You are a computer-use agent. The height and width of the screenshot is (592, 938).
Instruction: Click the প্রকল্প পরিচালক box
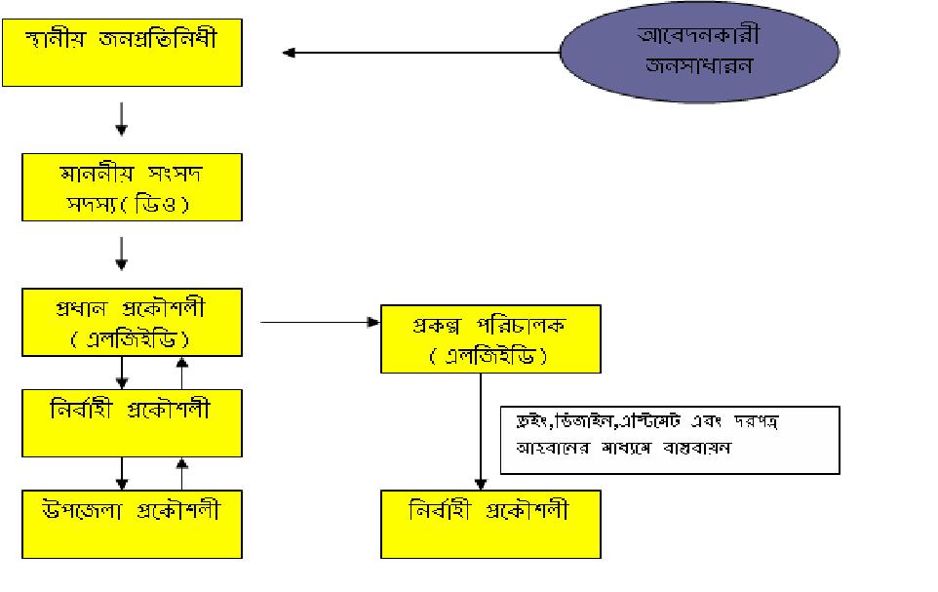tap(490, 337)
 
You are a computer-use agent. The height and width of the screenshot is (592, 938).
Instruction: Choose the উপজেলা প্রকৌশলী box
tap(132, 525)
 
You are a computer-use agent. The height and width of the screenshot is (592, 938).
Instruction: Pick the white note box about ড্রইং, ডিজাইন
tap(670, 440)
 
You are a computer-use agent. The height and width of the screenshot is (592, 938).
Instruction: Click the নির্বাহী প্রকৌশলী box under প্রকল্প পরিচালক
tap(490, 525)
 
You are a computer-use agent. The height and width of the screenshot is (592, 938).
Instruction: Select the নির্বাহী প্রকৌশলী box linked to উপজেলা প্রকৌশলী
tap(132, 422)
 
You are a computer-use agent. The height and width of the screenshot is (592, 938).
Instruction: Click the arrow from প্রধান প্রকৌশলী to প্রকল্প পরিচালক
tap(317, 320)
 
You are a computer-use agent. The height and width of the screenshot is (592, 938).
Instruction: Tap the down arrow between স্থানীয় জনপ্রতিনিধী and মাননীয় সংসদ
tap(122, 118)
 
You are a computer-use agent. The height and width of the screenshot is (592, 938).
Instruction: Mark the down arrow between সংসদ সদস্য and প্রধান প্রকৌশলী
tap(122, 253)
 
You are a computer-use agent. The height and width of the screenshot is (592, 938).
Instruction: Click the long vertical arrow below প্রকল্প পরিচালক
tap(481, 429)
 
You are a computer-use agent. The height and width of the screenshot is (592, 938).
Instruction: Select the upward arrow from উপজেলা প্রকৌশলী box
tap(180, 473)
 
